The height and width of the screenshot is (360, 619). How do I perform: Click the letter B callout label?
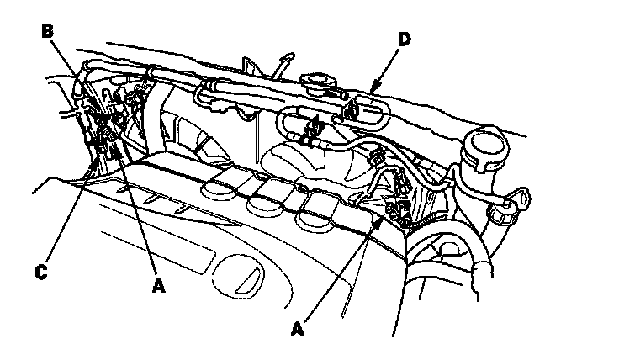(x=48, y=31)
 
